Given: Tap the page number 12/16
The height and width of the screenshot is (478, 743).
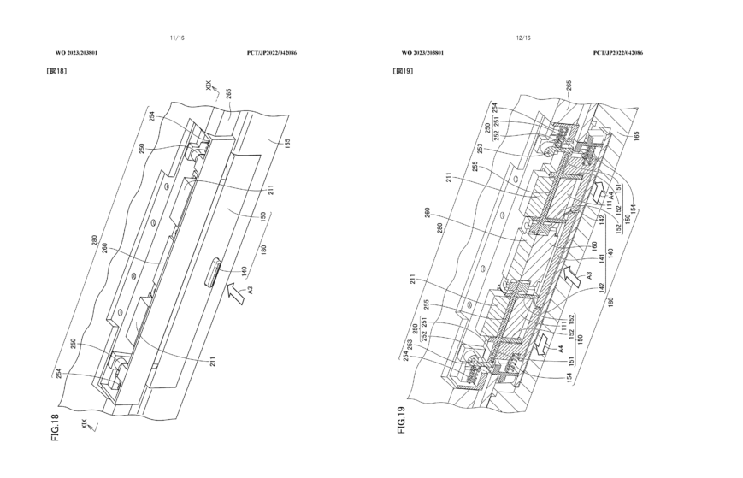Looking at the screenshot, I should point(524,38).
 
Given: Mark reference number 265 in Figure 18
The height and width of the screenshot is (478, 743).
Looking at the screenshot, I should point(228,94).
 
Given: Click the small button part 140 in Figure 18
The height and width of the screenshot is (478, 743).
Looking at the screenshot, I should point(212,273).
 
